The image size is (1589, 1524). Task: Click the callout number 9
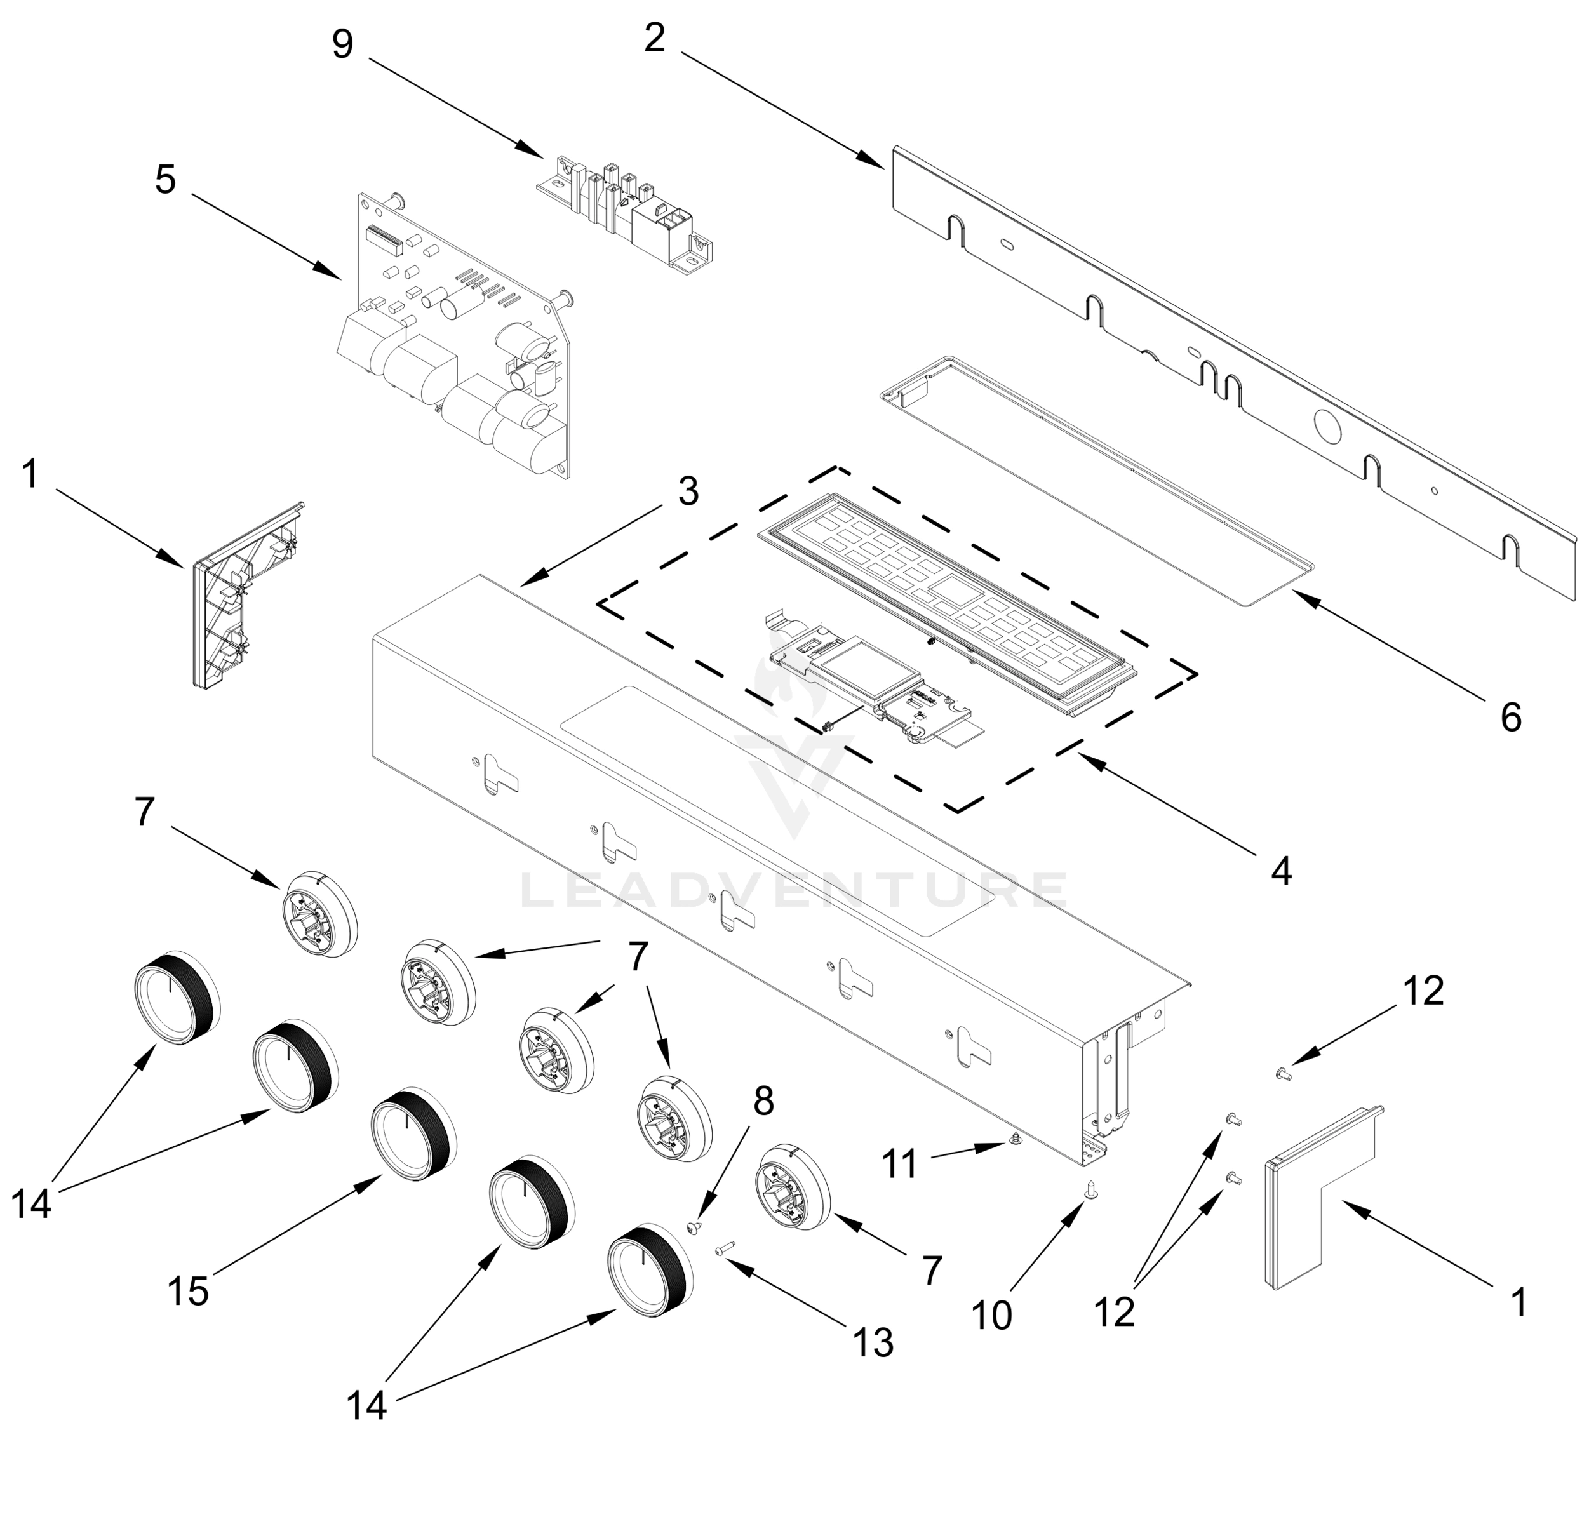pyautogui.click(x=342, y=44)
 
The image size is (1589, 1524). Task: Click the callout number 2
pyautogui.click(x=654, y=38)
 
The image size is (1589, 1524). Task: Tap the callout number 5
pyautogui.click(x=164, y=179)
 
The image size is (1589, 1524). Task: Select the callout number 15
pyautogui.click(x=188, y=1290)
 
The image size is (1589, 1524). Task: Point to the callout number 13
pyautogui.click(x=873, y=1342)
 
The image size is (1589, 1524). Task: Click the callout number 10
pyautogui.click(x=991, y=1316)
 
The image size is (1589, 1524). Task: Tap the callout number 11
pyautogui.click(x=900, y=1164)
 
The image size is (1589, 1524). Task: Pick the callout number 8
pyautogui.click(x=763, y=1101)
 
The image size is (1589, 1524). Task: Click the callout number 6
pyautogui.click(x=1510, y=718)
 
